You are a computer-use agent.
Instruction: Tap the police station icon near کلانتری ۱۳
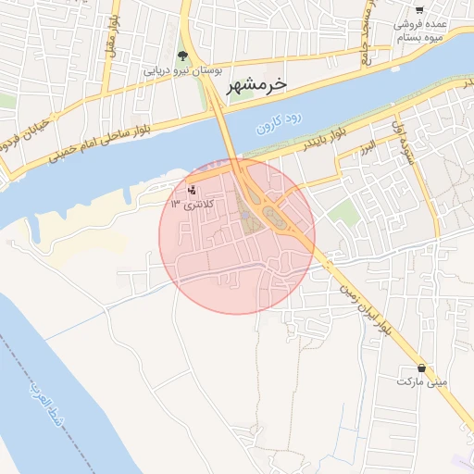pos(192,190)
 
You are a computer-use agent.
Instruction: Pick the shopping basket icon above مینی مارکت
pos(422,368)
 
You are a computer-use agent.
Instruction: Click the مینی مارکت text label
pos(422,381)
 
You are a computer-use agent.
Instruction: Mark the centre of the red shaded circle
pos(237,236)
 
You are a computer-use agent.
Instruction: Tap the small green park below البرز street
pos(343,214)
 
